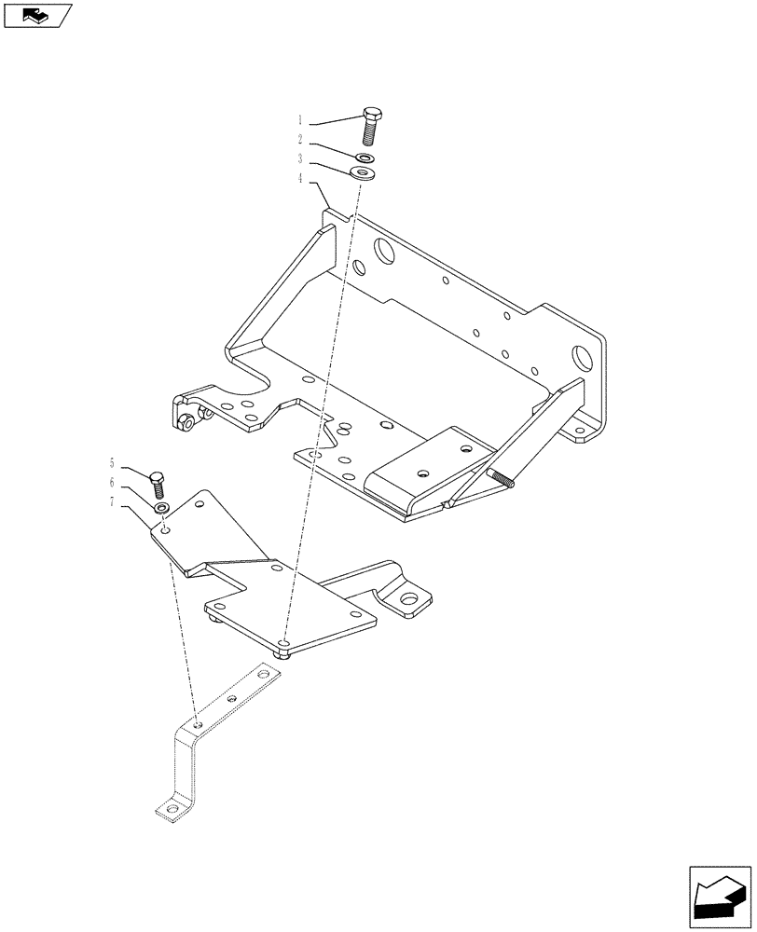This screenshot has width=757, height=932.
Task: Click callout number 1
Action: coord(300,120)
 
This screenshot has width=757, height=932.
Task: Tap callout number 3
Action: coord(300,159)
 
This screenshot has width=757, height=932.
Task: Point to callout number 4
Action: coord(300,177)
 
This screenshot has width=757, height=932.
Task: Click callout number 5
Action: coord(112,462)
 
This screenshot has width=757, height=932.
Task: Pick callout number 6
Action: coord(112,482)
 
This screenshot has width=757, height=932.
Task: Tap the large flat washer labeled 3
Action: coord(362,172)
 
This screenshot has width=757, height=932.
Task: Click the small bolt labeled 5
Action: coord(157,484)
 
